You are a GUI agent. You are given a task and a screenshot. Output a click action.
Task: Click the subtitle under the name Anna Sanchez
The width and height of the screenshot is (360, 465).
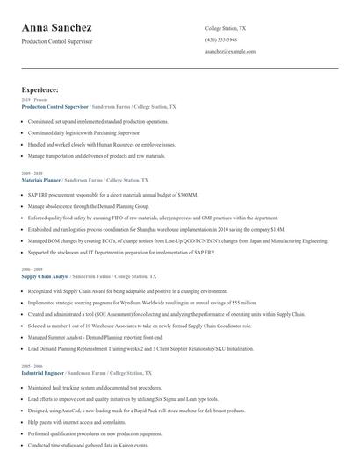(57, 42)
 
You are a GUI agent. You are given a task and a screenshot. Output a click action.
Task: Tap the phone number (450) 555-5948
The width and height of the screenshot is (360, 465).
(220, 40)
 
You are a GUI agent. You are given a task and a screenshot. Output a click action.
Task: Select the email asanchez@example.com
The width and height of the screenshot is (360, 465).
(230, 52)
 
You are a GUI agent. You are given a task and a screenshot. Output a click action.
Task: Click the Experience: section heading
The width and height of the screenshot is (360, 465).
(40, 89)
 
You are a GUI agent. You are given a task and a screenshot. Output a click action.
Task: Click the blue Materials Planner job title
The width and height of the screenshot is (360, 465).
(40, 179)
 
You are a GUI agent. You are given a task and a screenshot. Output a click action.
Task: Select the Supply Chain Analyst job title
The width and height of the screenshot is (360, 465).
(45, 275)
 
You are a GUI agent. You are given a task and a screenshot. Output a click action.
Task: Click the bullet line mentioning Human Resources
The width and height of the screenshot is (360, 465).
(101, 144)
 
